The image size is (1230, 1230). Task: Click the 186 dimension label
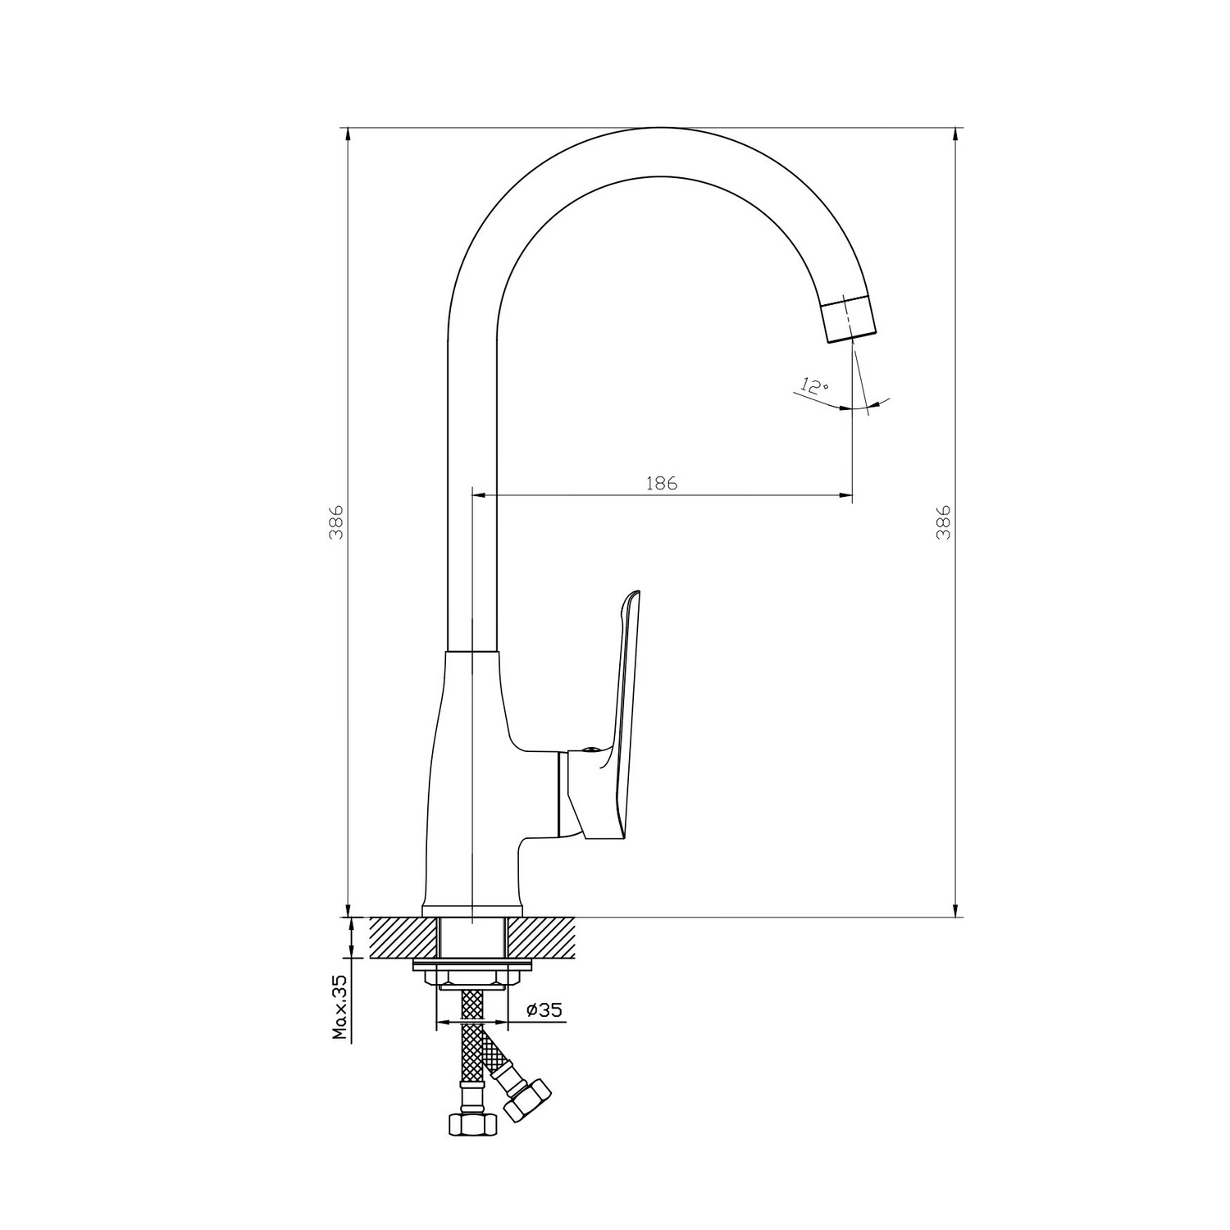662,483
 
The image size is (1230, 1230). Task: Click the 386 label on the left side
335,522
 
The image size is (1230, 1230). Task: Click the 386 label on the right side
943,522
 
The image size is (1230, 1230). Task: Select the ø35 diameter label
544,1009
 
